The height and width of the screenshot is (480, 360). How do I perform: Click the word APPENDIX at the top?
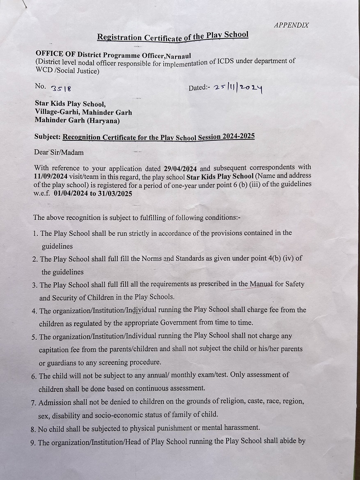pyautogui.click(x=291, y=25)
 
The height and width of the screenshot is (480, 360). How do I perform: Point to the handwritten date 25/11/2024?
pyautogui.click(x=238, y=87)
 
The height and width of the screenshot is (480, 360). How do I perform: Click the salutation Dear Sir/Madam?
pyautogui.click(x=59, y=152)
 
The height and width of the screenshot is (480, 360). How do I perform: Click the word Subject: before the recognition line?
pyautogui.click(x=48, y=137)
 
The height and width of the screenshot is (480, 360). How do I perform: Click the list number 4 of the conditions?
pyautogui.click(x=34, y=311)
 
